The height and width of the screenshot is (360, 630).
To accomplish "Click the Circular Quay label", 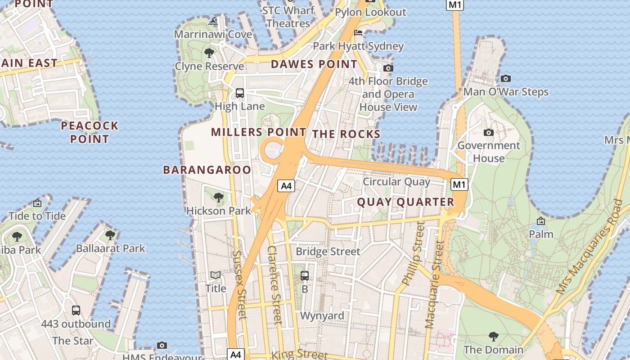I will pos(396,182).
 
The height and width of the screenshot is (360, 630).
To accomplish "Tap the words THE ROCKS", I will pos(346,134).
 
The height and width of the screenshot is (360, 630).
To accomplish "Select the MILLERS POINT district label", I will pos(258,132).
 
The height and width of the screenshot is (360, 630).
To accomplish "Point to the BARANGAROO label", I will pos(207,170).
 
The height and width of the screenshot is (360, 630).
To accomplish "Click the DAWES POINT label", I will pos(314,64).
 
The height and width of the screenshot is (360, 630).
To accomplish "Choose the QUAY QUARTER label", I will pos(405,202).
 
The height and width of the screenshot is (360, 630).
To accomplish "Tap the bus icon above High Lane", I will pos(240,93).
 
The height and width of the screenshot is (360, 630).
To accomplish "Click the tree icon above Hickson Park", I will pos(218,197).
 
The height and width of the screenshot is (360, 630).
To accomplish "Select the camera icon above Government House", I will pos(488,132).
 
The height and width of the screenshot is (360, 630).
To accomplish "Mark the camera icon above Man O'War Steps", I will pos(506,79).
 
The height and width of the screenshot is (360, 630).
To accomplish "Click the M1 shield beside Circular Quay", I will pos(459,184).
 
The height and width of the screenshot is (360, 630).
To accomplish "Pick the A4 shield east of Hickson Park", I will pos(286,185).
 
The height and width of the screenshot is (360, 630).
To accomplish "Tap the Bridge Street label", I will pos(328,252).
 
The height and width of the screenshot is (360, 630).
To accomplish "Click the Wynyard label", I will pos(322,316).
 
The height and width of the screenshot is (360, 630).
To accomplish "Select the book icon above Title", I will pos(216,275).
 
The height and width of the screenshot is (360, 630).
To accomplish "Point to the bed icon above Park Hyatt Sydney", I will pos(358,33).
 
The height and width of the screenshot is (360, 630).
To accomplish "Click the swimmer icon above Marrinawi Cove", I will pos(213,21).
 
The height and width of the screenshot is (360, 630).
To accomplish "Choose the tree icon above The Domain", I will pos(493,336).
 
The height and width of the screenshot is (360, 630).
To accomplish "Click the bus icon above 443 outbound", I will pos(76,310).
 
